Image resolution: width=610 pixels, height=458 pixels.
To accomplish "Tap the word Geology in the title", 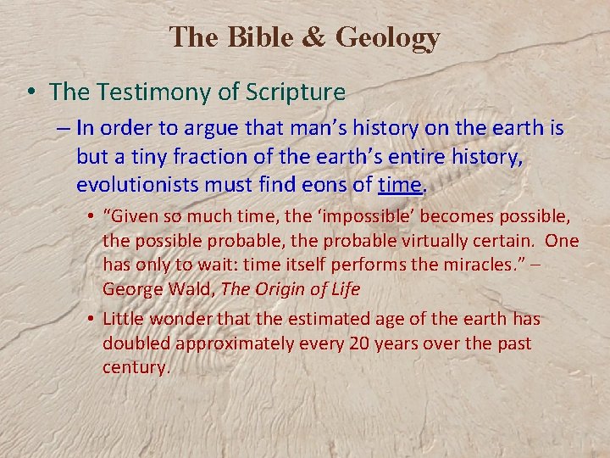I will tap(388, 38).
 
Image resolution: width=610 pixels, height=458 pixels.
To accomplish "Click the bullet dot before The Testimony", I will tap(33, 92).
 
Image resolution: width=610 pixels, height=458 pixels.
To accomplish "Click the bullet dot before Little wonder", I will tap(90, 320).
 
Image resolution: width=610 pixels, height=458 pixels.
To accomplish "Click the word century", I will tap(136, 367).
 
